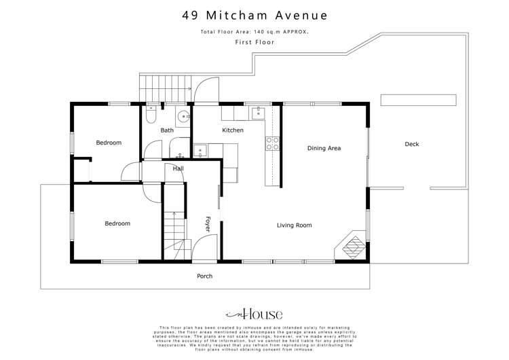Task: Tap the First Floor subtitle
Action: (x=253, y=42)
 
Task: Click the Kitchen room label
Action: (x=233, y=130)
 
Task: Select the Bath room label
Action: (x=167, y=130)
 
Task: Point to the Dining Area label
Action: (x=324, y=148)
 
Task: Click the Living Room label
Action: (x=295, y=225)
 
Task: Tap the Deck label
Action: (x=412, y=144)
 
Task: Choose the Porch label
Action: (x=204, y=276)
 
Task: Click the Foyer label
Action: (x=208, y=224)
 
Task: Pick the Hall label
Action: (x=178, y=168)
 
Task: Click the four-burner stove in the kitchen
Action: (x=272, y=143)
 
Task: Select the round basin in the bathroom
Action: (x=182, y=114)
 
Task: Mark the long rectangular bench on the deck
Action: (x=418, y=100)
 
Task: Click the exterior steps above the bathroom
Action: (x=153, y=86)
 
